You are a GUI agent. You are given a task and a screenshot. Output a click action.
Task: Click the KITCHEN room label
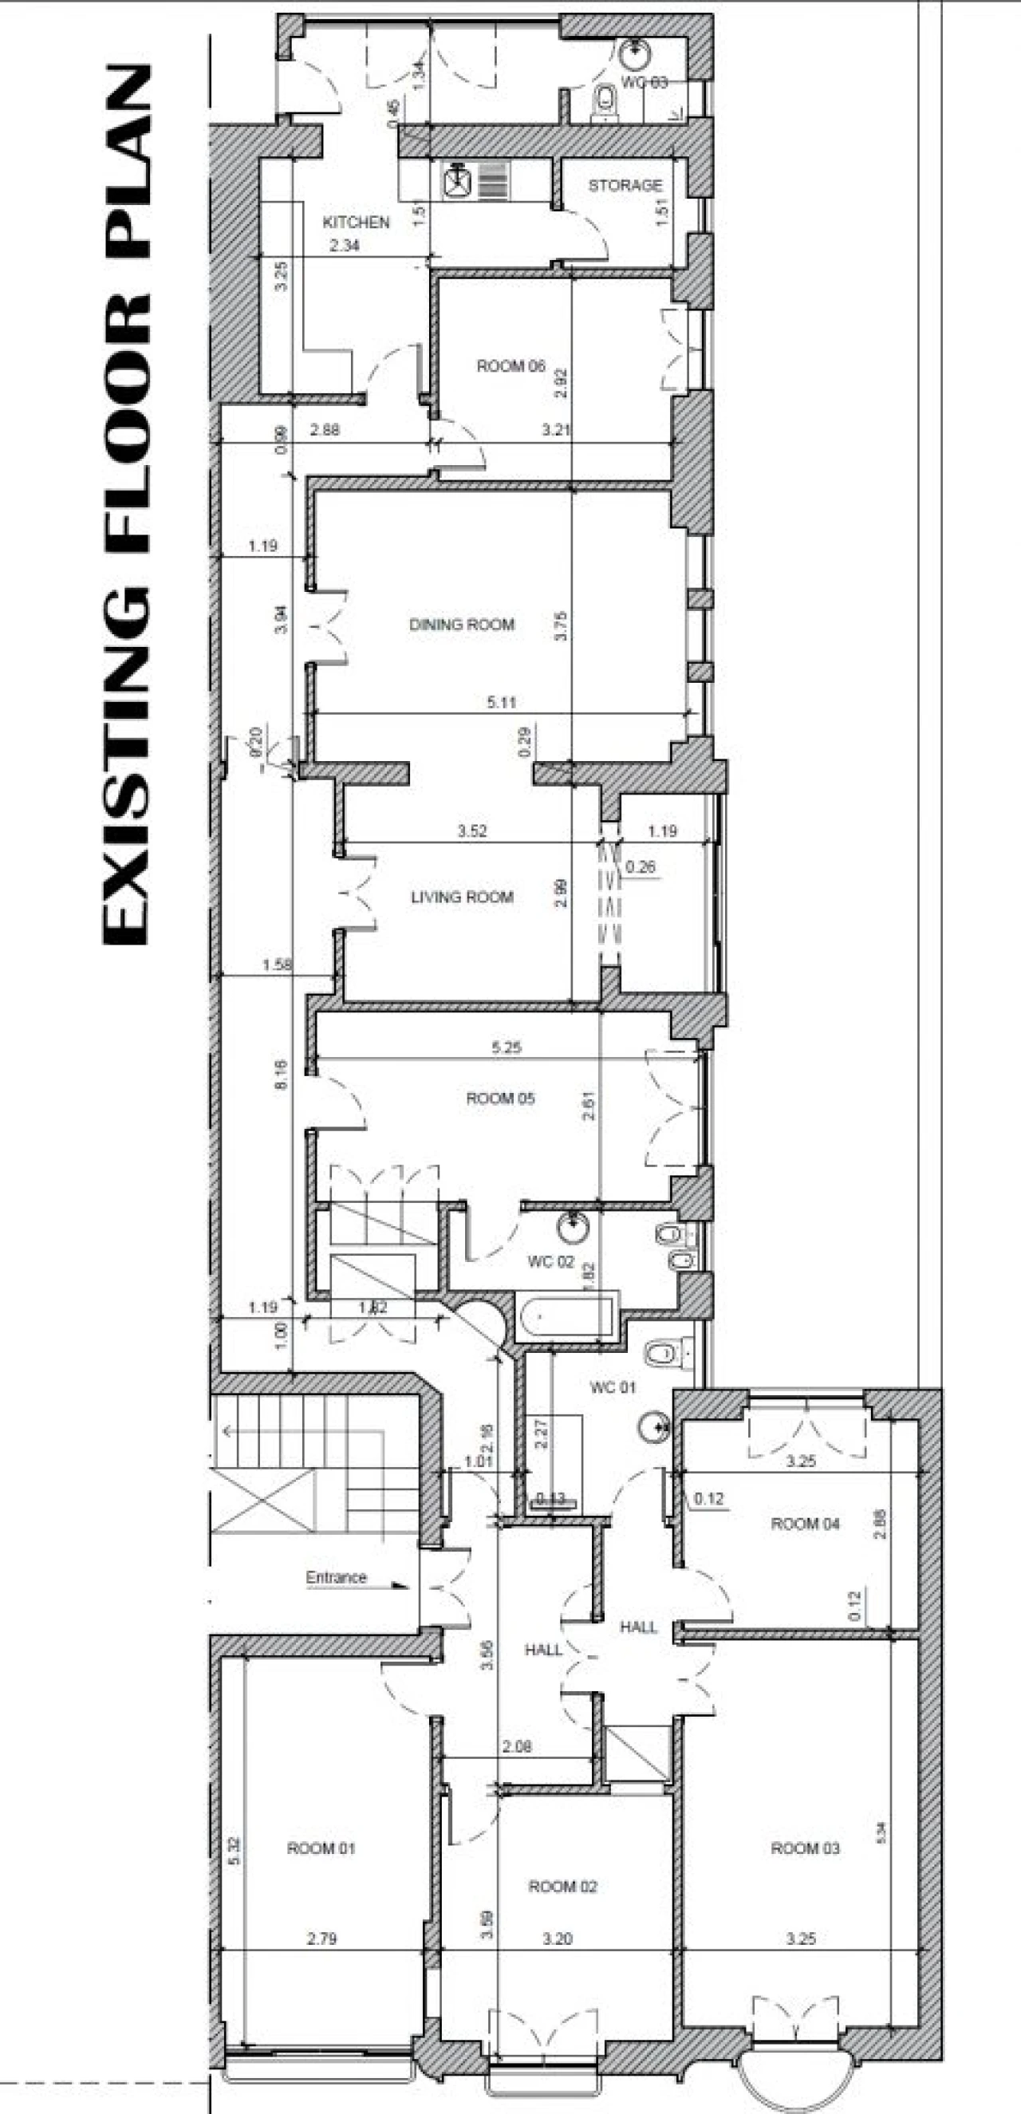(356, 223)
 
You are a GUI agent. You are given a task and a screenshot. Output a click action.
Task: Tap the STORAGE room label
(625, 185)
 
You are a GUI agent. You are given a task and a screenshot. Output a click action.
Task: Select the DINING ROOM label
(461, 625)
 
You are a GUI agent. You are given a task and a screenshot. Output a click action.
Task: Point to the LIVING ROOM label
(461, 897)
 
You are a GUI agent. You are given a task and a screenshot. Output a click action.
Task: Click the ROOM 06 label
(510, 366)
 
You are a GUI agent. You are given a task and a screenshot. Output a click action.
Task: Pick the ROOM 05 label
(500, 1098)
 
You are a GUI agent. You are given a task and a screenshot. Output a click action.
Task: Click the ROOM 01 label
(321, 1848)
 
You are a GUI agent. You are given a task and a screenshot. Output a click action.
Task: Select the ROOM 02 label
(562, 1886)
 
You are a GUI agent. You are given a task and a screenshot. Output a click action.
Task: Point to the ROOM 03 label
(804, 1848)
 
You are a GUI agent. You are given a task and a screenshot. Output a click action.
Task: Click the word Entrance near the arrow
(336, 1577)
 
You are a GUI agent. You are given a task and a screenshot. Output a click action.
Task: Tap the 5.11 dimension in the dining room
(501, 703)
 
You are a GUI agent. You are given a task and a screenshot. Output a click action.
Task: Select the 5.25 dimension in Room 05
(506, 1047)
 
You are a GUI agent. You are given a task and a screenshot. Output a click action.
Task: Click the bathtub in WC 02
(566, 1319)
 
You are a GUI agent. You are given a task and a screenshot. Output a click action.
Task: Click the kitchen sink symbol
(456, 179)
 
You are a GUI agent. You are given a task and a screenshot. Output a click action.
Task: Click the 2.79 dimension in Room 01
(321, 1939)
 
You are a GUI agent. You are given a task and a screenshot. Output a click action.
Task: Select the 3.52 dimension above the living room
(472, 830)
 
